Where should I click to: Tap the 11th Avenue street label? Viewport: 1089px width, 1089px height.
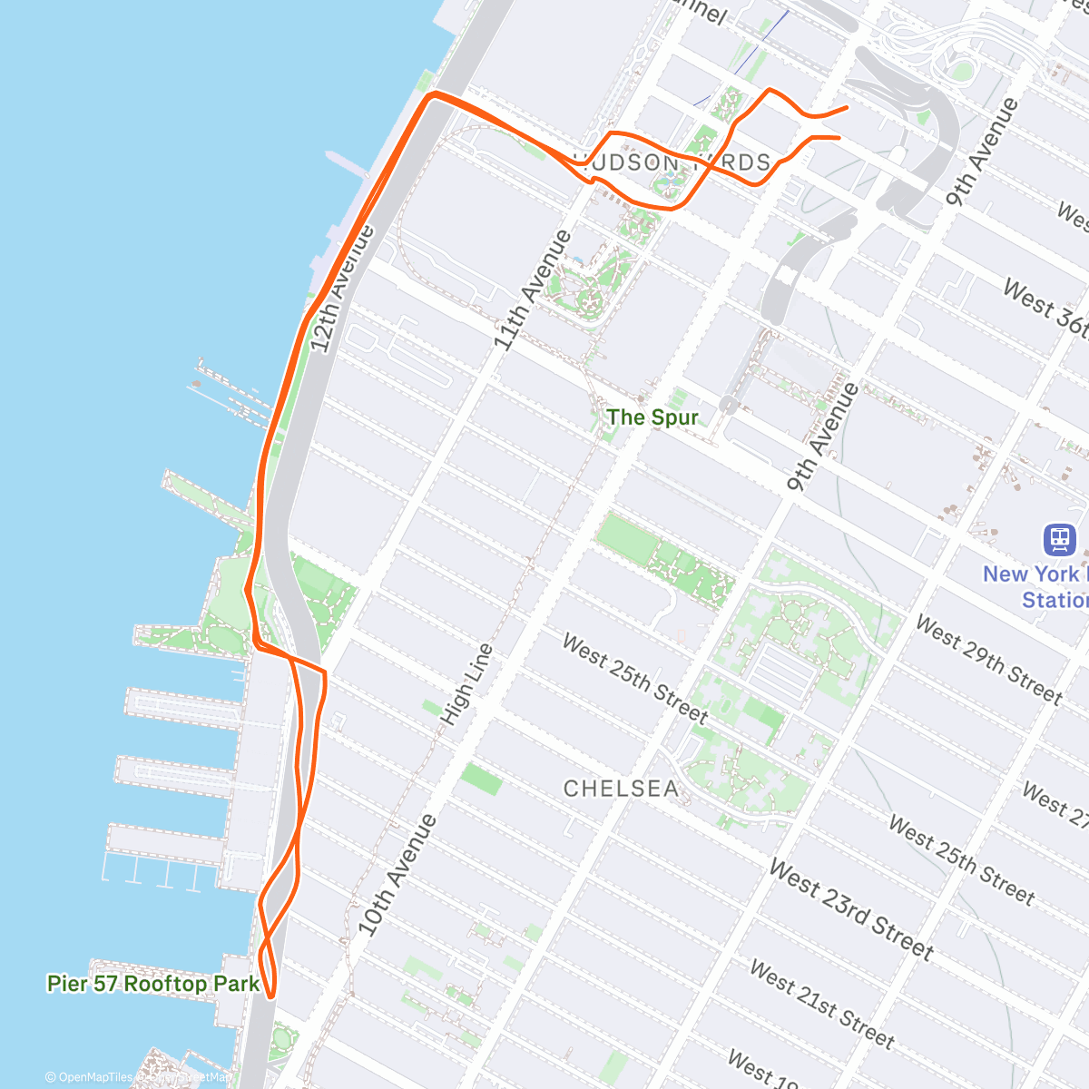pos(533,290)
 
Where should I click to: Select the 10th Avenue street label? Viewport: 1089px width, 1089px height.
pos(397,875)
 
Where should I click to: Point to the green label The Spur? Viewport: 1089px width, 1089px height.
pos(652,417)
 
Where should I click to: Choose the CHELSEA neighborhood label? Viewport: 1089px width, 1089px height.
pos(621,789)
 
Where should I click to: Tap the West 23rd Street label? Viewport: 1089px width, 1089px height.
pos(850,909)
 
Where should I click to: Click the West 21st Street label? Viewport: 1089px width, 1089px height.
pos(821,1005)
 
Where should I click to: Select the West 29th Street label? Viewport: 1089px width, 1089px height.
pos(987,660)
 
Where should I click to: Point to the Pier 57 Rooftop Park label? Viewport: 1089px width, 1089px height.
pos(153,984)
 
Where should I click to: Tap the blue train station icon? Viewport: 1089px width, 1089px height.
pos(1059,539)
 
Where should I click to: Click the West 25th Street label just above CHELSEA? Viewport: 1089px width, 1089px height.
pos(634,678)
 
